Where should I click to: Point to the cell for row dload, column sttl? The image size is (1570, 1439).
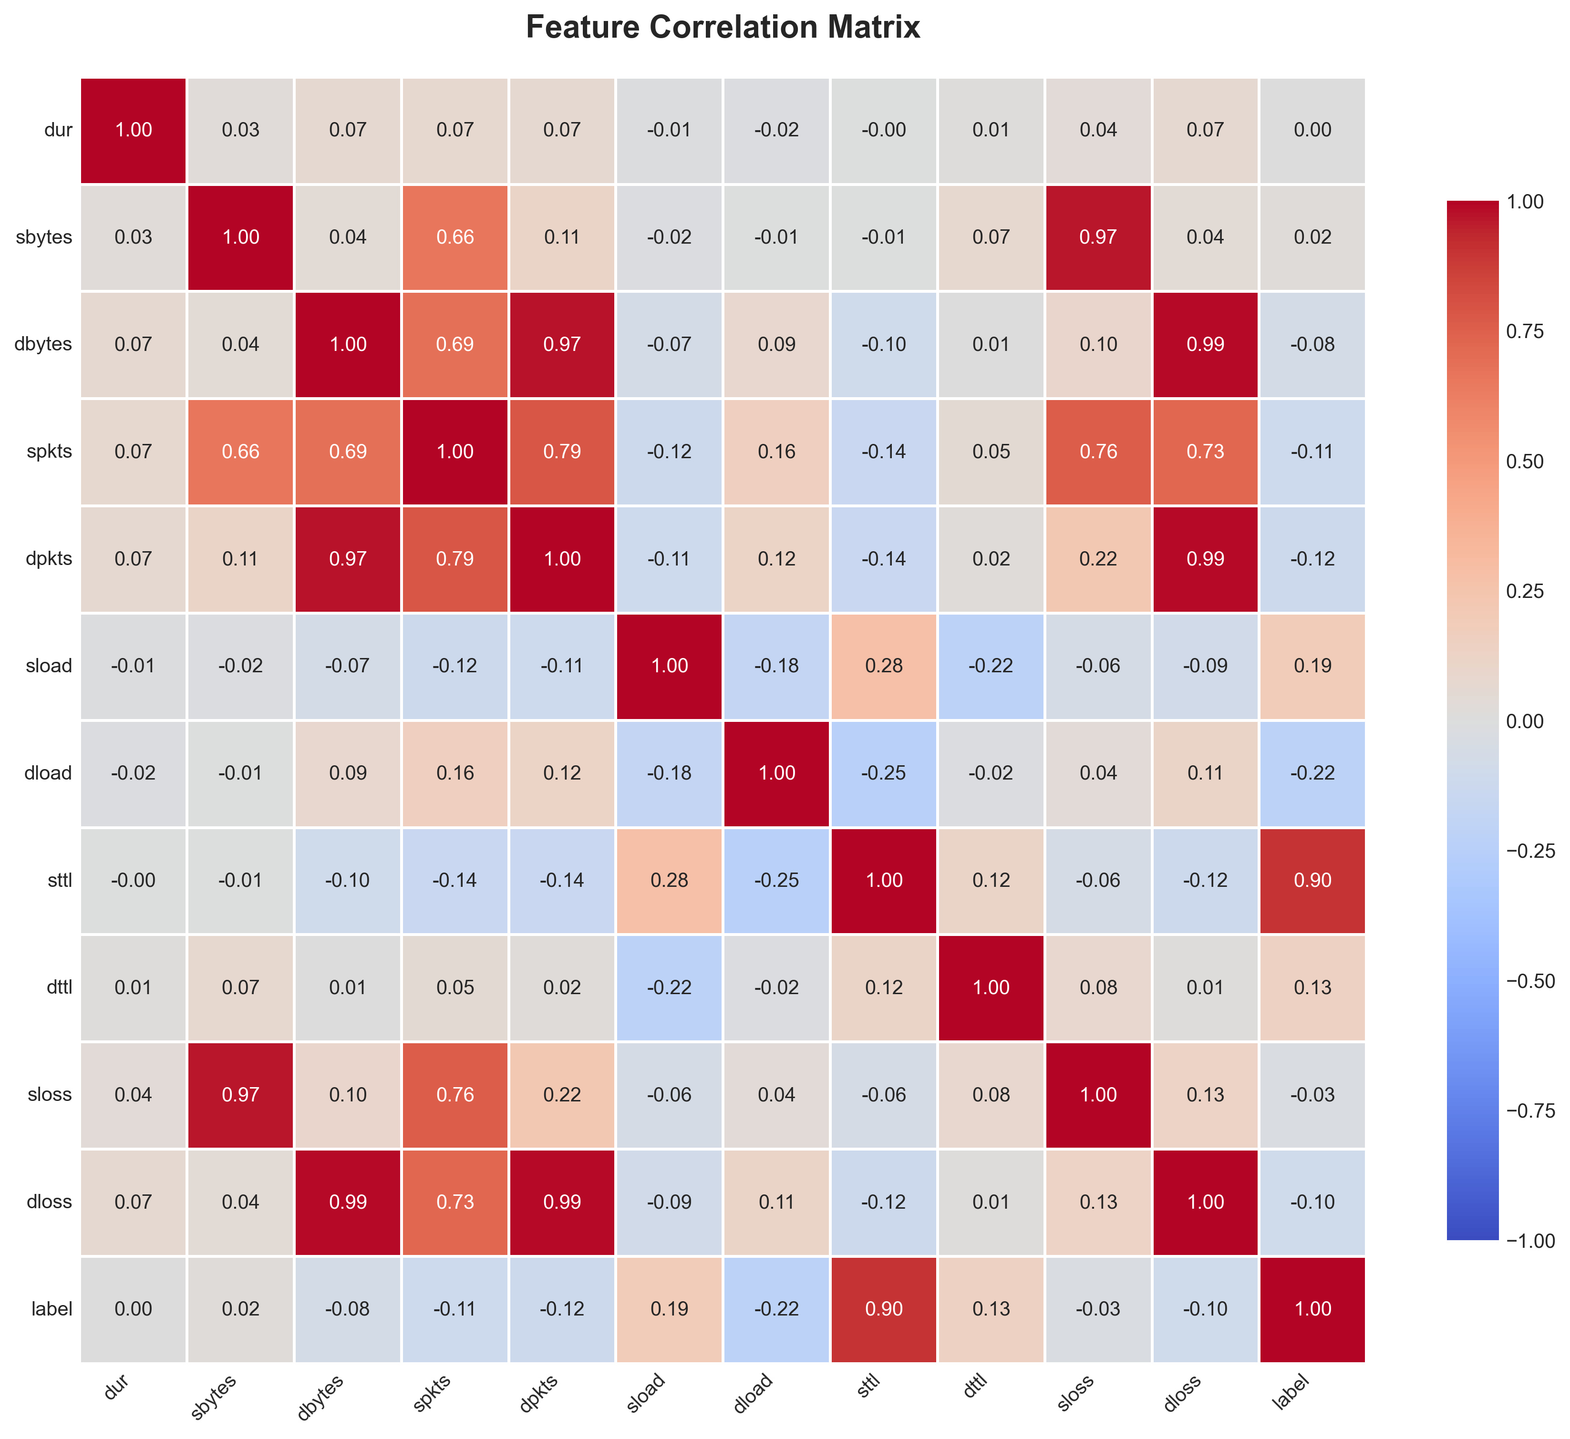point(884,773)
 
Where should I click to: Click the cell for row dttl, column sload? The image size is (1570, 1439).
point(670,987)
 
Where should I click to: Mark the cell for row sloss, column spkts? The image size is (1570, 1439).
point(455,1095)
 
